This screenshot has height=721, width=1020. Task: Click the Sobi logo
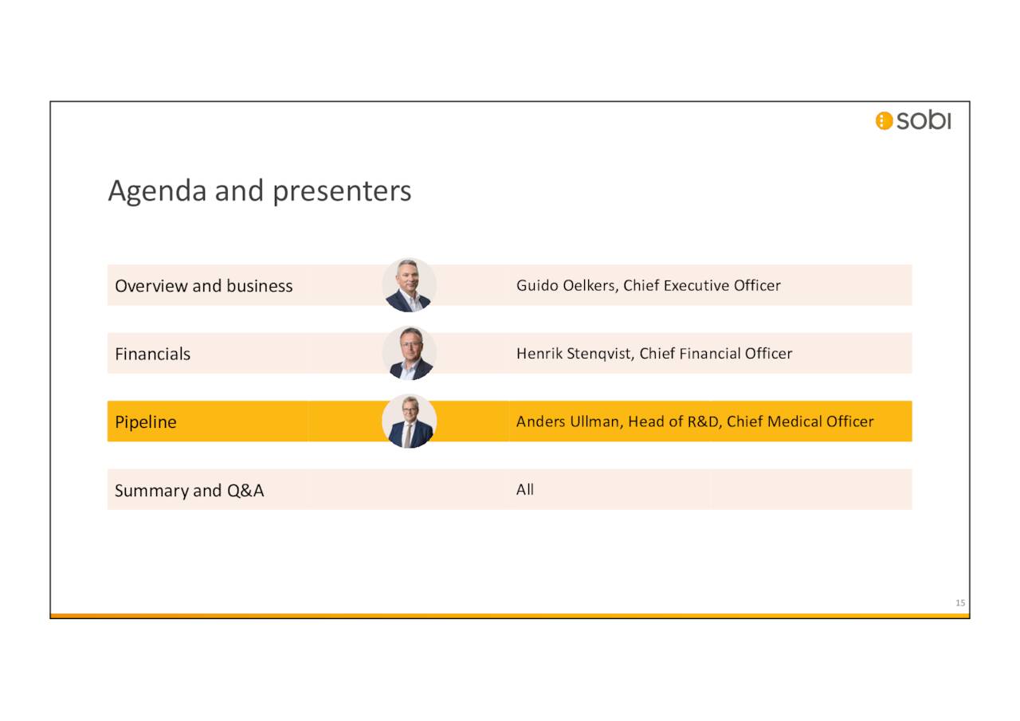tap(913, 120)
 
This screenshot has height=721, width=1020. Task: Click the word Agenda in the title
tap(157, 192)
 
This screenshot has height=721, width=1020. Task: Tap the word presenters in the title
tap(342, 192)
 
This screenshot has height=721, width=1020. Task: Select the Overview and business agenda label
tap(203, 286)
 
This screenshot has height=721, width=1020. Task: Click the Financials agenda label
tap(152, 354)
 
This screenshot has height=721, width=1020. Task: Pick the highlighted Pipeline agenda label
tap(145, 422)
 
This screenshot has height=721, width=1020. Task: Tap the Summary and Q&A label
tap(189, 491)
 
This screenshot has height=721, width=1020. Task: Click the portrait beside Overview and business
tap(409, 285)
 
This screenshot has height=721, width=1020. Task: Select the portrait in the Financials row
tap(409, 353)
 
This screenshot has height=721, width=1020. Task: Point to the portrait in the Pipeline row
tap(409, 421)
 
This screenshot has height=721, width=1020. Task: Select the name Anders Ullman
tap(567, 421)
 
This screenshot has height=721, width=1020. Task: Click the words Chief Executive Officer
tap(701, 285)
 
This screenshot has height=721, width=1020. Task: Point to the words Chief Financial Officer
tap(716, 353)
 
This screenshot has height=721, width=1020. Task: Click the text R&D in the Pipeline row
tap(703, 421)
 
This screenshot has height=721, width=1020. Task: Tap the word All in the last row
tap(524, 490)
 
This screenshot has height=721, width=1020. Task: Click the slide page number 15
tap(960, 603)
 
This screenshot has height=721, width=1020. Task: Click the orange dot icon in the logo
tap(884, 121)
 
